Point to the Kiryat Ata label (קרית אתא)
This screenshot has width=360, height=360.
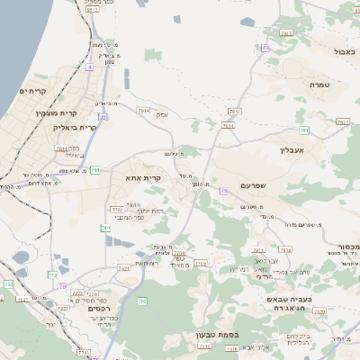144,178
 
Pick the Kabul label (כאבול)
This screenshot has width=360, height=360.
345,52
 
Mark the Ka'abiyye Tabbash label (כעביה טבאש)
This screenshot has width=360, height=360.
292,298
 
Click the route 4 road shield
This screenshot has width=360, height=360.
89,67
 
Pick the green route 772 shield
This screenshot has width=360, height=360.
53,275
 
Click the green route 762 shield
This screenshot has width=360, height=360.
142,301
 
